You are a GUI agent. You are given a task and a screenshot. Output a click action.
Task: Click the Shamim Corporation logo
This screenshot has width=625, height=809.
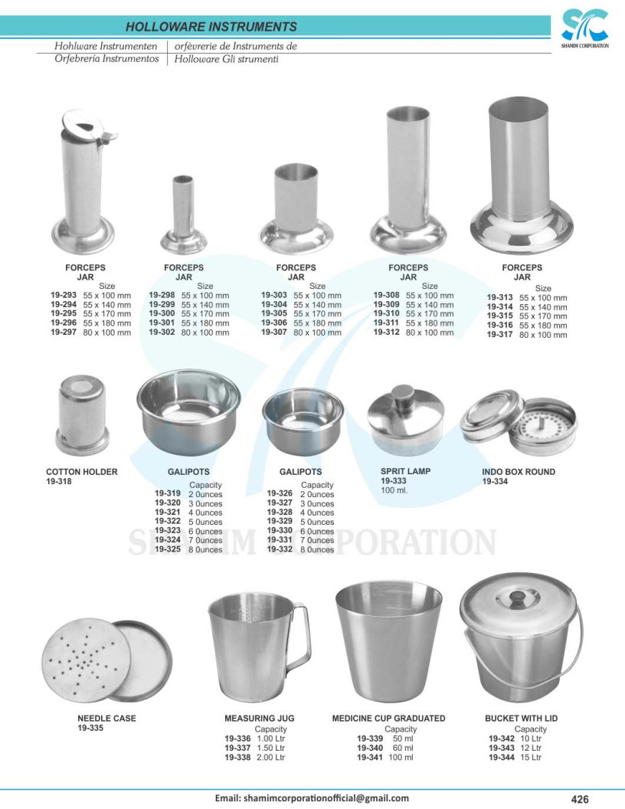click(x=584, y=28)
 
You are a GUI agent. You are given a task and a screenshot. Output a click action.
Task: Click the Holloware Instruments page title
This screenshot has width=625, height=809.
click(x=211, y=27)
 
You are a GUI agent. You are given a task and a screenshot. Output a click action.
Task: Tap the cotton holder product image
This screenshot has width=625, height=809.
click(x=82, y=414)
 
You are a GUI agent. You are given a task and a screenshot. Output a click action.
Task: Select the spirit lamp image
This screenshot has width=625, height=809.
click(x=406, y=420)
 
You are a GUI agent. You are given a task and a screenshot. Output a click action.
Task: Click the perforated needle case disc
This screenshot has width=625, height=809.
click(x=86, y=660)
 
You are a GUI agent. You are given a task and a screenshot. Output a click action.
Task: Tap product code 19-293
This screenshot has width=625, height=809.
click(x=64, y=295)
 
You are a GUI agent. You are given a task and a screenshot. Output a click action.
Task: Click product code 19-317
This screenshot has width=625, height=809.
click(x=499, y=334)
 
